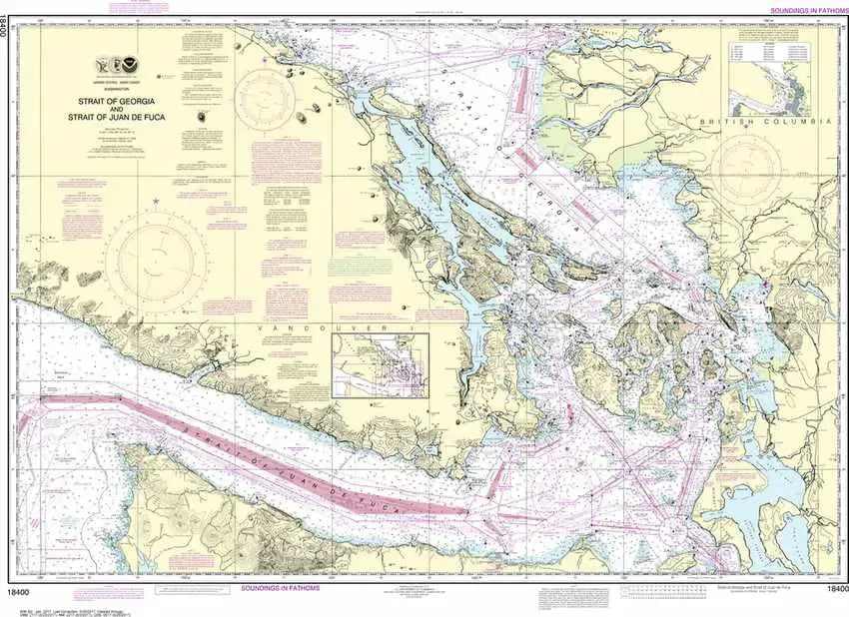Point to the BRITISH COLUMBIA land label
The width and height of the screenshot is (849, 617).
765,120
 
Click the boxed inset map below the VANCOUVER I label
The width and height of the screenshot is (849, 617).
381,367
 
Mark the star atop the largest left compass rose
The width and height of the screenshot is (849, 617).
157,204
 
